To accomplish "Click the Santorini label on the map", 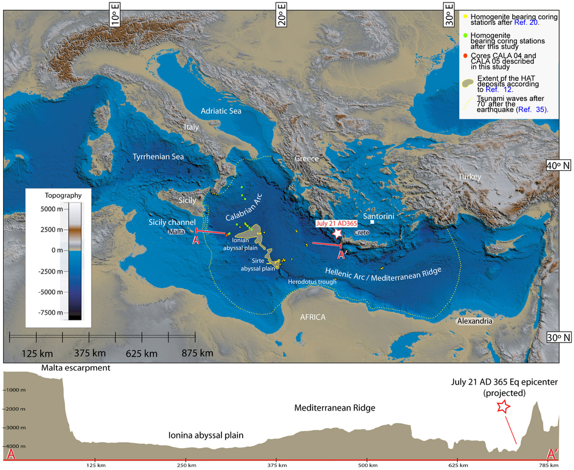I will pyautogui.click(x=380, y=215).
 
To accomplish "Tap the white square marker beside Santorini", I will pyautogui.click(x=373, y=223).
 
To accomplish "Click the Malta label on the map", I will pyautogui.click(x=177, y=231).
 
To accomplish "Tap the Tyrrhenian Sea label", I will pyautogui.click(x=158, y=156).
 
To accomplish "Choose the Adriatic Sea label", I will pyautogui.click(x=221, y=111).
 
